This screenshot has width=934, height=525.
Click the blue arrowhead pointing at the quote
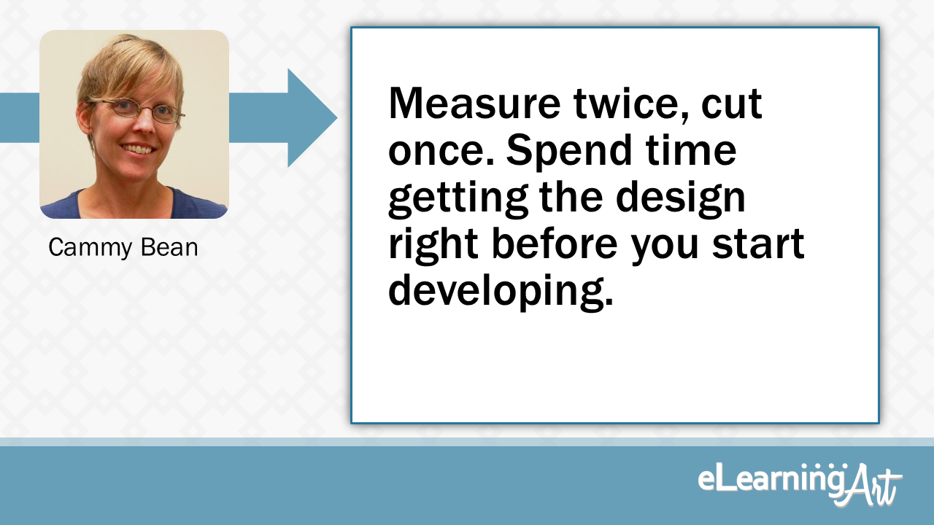(310, 117)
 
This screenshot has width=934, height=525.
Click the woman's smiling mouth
(138, 149)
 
